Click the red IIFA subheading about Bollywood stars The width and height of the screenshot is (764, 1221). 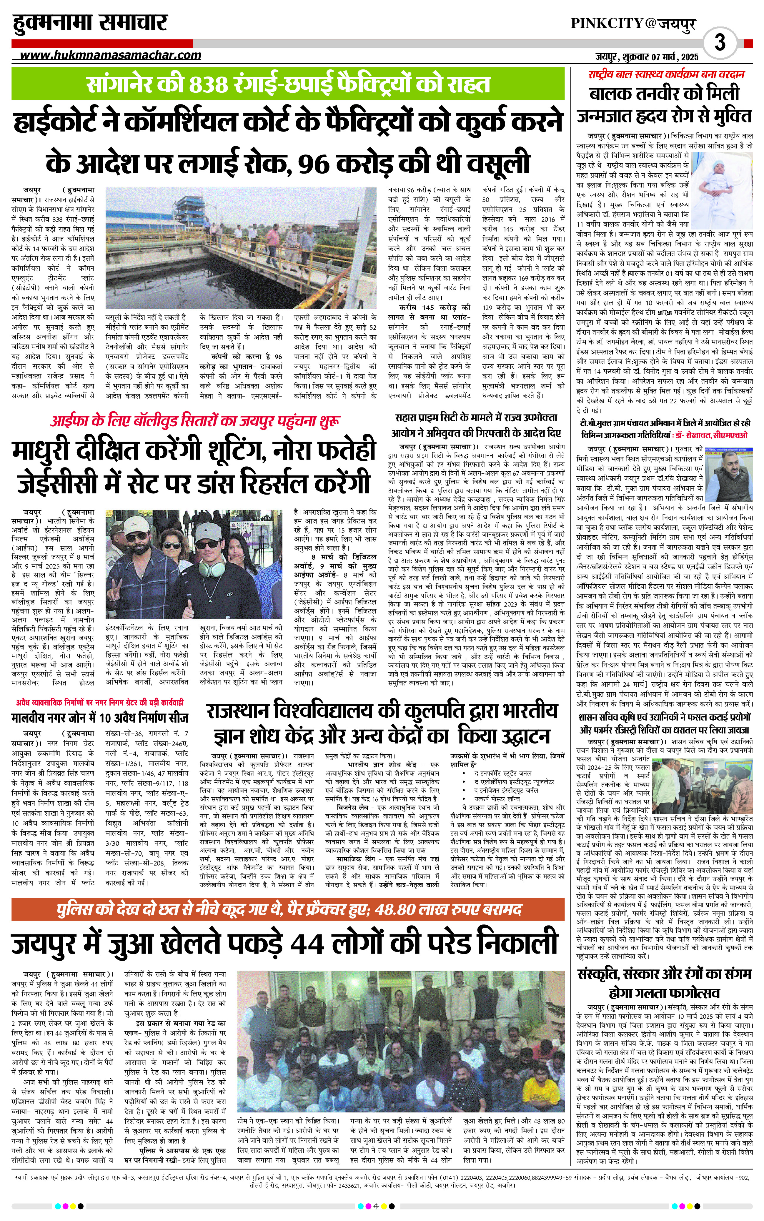pyautogui.click(x=194, y=421)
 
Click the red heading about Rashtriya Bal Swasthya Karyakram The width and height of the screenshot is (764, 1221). pyautogui.click(x=666, y=74)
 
